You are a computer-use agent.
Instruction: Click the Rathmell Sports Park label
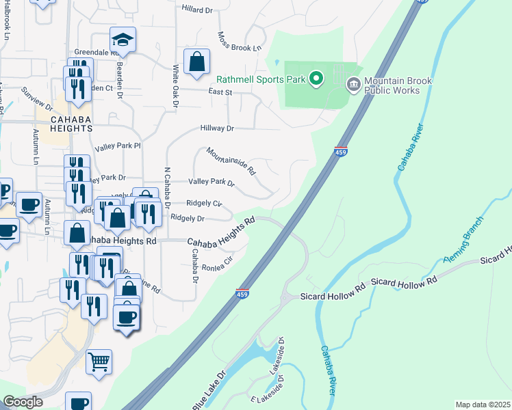261,79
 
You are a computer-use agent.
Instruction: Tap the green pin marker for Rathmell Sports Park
316,79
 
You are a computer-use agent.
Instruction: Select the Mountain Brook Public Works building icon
353,85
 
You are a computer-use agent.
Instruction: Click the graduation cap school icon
123,40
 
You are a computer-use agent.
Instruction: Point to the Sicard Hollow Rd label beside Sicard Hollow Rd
403,282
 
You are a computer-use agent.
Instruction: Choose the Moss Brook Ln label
240,42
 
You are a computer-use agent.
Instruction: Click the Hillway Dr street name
217,128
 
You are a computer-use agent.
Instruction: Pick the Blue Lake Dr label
208,392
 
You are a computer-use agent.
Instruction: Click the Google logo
23,402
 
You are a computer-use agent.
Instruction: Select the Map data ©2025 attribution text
482,405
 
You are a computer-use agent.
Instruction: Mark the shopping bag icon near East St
196,62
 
